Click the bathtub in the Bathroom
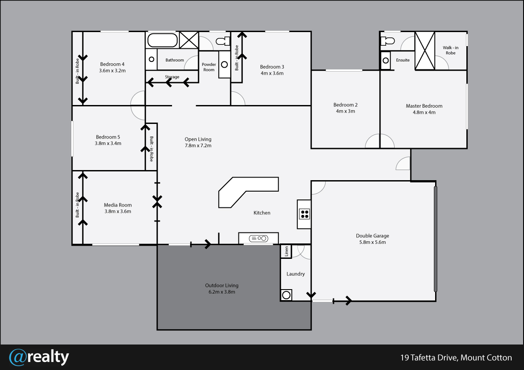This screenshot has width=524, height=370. point(162,40)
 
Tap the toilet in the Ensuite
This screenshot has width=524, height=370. point(388,41)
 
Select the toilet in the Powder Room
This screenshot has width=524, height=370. point(223,41)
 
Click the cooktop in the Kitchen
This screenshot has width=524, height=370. point(304,214)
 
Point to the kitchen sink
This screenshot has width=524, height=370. point(259,238)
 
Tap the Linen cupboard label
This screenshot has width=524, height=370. point(286,251)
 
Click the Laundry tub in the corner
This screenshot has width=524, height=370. point(286,295)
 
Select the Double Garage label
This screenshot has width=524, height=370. point(372,236)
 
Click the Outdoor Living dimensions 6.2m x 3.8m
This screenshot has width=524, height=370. point(222,292)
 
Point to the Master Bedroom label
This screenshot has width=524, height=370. point(424,106)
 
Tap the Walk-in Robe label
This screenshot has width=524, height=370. point(451,51)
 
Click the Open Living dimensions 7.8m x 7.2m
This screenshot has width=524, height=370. point(198,145)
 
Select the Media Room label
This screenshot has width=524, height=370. point(117,205)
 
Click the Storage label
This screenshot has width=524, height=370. point(172,77)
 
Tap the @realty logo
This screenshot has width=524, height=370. point(39,357)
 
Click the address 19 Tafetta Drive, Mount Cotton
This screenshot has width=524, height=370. point(456,358)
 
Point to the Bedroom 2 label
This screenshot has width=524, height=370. point(345,105)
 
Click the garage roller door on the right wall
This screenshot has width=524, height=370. point(436,239)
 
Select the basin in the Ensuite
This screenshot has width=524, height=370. point(386,61)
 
